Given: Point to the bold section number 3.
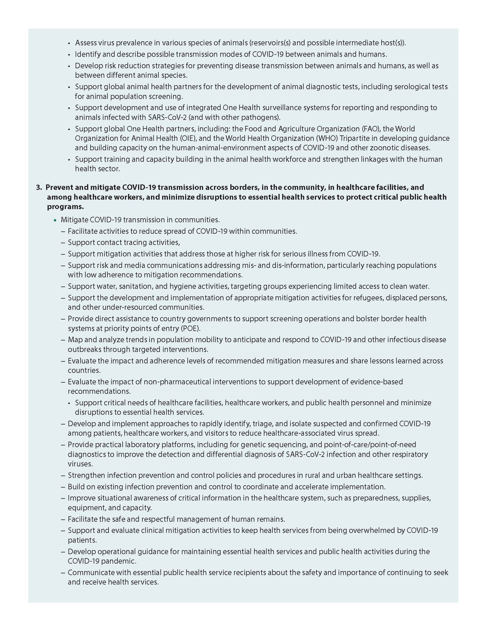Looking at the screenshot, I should click(x=39, y=188).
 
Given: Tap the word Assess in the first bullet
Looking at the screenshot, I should click(x=85, y=43).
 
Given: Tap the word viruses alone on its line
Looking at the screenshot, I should click(x=80, y=464).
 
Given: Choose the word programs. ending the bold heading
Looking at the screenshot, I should click(x=66, y=207).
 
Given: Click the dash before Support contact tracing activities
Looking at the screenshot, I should click(x=63, y=243).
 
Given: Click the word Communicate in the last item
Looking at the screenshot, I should click(x=89, y=572).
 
